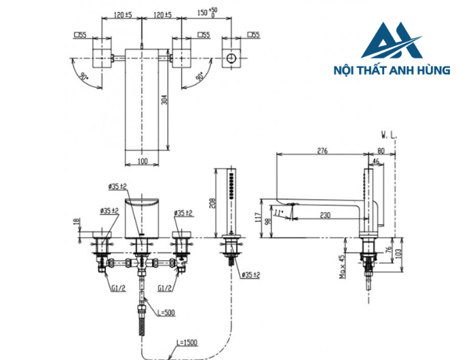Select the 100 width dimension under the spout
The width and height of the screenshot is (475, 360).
coord(142,160)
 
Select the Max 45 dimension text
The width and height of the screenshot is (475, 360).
coord(343,266)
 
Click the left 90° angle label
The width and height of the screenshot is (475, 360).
coord(83,77)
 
